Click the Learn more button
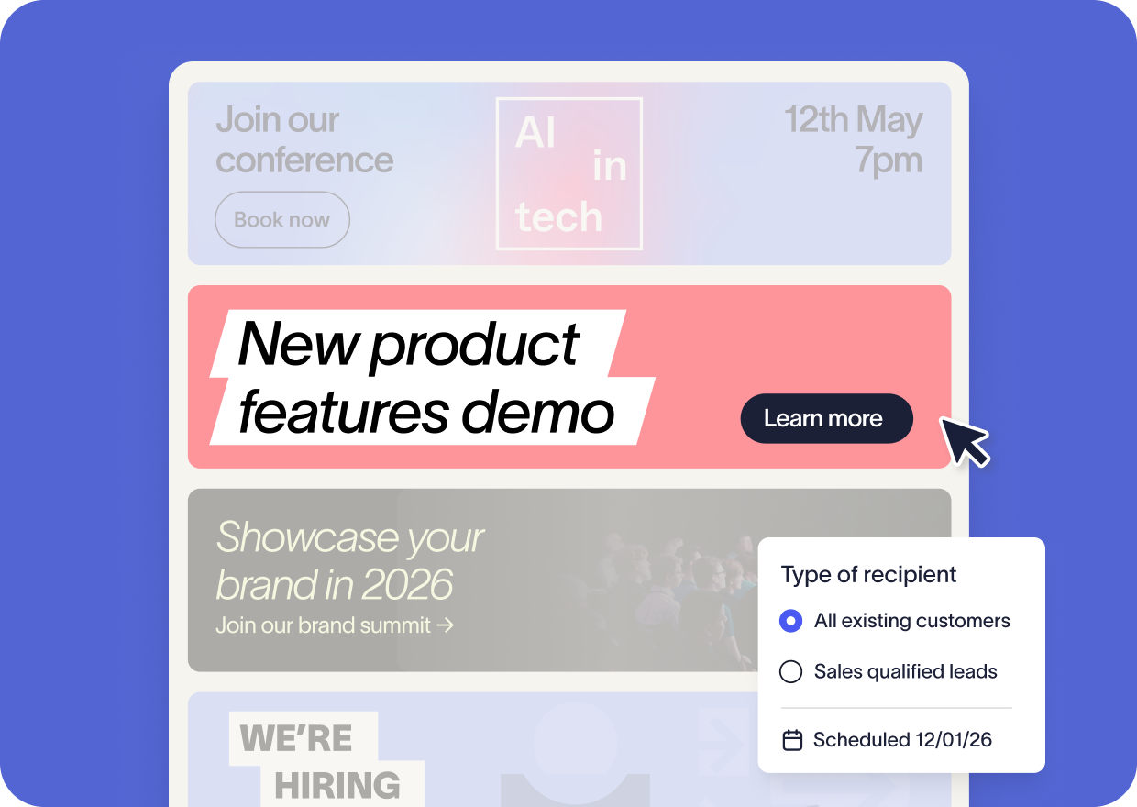pos(827,418)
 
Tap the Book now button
pos(282,220)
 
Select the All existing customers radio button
pos(790,621)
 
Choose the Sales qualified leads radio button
pos(790,671)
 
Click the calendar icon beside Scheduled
pos(792,740)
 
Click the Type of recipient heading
pos(868,575)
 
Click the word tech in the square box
pos(558,216)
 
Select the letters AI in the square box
pos(535,132)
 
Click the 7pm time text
pos(889,160)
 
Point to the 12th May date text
pos(854,120)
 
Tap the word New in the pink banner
pos(299,344)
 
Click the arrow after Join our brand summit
pos(445,625)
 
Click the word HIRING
pos(337,785)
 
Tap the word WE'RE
pos(296,738)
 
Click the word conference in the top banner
pos(304,160)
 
